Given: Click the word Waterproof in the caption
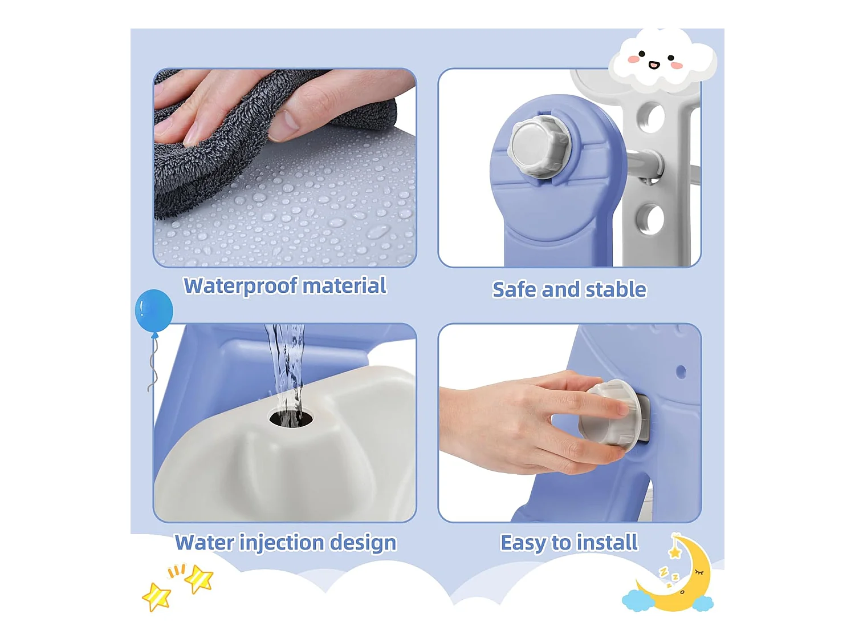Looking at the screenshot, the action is coord(241,286).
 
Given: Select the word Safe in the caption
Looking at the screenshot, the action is coord(514,289).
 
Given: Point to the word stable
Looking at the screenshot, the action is coord(616,289).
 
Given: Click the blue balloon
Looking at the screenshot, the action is coord(154,310).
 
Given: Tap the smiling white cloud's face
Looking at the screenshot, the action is coord(655,60).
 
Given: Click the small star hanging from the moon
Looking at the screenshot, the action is coord(675,552).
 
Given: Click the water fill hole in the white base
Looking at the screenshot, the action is coord(291,418).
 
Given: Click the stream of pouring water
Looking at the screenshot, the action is coord(286,372).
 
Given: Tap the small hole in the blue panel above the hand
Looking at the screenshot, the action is coord(681,372).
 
